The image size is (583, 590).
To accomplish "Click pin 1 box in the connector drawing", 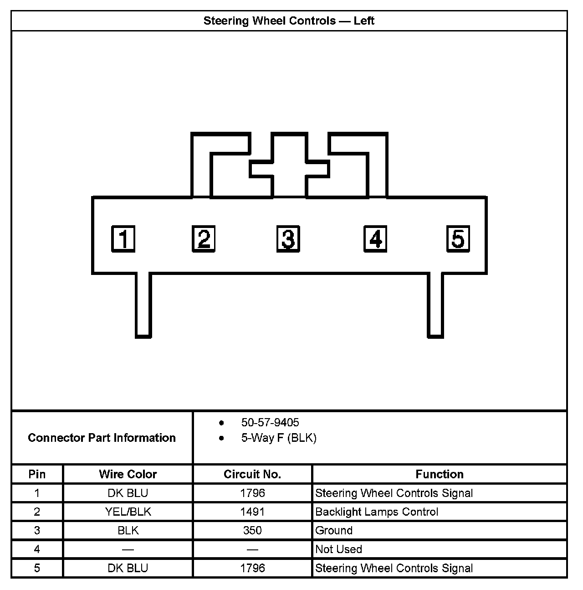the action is [x=123, y=238].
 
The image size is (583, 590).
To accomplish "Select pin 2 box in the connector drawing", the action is [x=204, y=238].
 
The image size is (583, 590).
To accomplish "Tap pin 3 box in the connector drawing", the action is [x=288, y=238].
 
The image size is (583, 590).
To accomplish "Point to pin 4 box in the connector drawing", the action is [x=375, y=238].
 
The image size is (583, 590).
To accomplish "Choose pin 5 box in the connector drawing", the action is [x=458, y=238].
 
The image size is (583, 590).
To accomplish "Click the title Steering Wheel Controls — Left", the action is [x=289, y=21].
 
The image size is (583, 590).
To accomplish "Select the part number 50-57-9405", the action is [x=270, y=422].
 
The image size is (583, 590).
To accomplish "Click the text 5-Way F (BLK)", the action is [x=279, y=438].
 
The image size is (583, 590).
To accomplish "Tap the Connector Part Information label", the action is [x=102, y=438].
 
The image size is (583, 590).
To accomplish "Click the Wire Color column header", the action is [x=128, y=474].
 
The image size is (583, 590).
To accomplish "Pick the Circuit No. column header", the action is [x=252, y=474].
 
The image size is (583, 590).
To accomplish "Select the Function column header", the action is [x=440, y=474].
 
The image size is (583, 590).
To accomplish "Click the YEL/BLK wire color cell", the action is [x=128, y=512].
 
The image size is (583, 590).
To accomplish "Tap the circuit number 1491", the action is [x=252, y=512].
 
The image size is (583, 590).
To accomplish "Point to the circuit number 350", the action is [x=252, y=530].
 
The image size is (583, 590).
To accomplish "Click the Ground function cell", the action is [x=334, y=530].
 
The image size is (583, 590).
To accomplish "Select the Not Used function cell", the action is [x=338, y=549].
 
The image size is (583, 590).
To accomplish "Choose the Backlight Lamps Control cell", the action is [x=377, y=512].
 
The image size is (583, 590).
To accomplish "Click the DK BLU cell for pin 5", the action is [x=128, y=568].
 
